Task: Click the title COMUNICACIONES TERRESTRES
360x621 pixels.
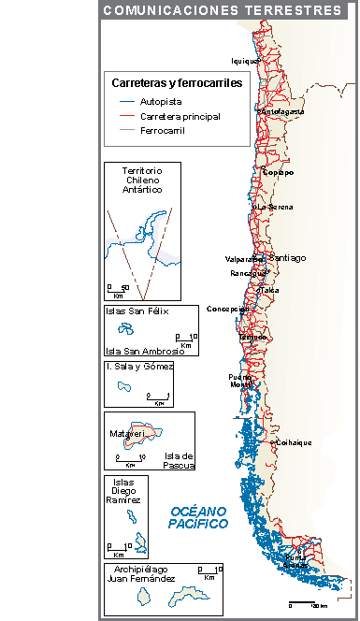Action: [223, 11]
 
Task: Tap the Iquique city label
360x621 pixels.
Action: [244, 61]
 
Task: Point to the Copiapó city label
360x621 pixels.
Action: [278, 172]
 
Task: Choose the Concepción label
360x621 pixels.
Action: [227, 308]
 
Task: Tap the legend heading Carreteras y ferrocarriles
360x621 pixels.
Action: [177, 82]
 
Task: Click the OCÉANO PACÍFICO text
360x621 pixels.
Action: [198, 517]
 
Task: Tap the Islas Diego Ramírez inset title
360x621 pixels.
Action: [122, 491]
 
